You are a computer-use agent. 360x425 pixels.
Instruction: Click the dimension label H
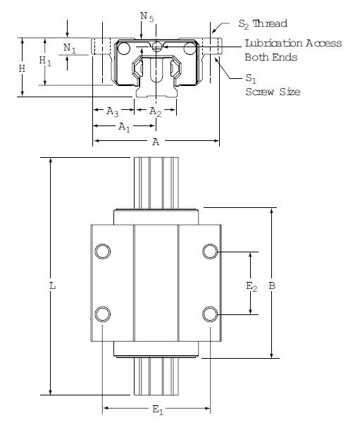[x=22, y=68]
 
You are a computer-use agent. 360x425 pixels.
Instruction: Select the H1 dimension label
[x=46, y=62]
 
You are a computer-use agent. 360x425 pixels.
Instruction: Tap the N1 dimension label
[x=69, y=48]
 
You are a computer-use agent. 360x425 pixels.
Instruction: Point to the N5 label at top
[x=146, y=16]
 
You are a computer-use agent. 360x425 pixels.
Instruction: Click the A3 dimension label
[x=112, y=111]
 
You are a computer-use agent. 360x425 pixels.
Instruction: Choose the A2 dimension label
[x=156, y=111]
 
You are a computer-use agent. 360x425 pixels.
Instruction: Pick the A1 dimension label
[x=124, y=127]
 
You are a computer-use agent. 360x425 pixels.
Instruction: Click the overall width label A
[x=156, y=142]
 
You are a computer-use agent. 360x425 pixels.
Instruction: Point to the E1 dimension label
[x=157, y=411]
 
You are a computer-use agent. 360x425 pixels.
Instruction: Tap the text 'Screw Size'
[x=273, y=92]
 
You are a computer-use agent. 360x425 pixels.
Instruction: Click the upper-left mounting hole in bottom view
[x=103, y=252]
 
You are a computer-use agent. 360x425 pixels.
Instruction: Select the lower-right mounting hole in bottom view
[x=209, y=314]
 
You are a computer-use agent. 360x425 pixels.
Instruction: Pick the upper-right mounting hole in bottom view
[x=209, y=252]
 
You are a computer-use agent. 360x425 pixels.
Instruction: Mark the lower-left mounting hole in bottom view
[x=103, y=314]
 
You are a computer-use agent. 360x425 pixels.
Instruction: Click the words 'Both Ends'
[x=271, y=57]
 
